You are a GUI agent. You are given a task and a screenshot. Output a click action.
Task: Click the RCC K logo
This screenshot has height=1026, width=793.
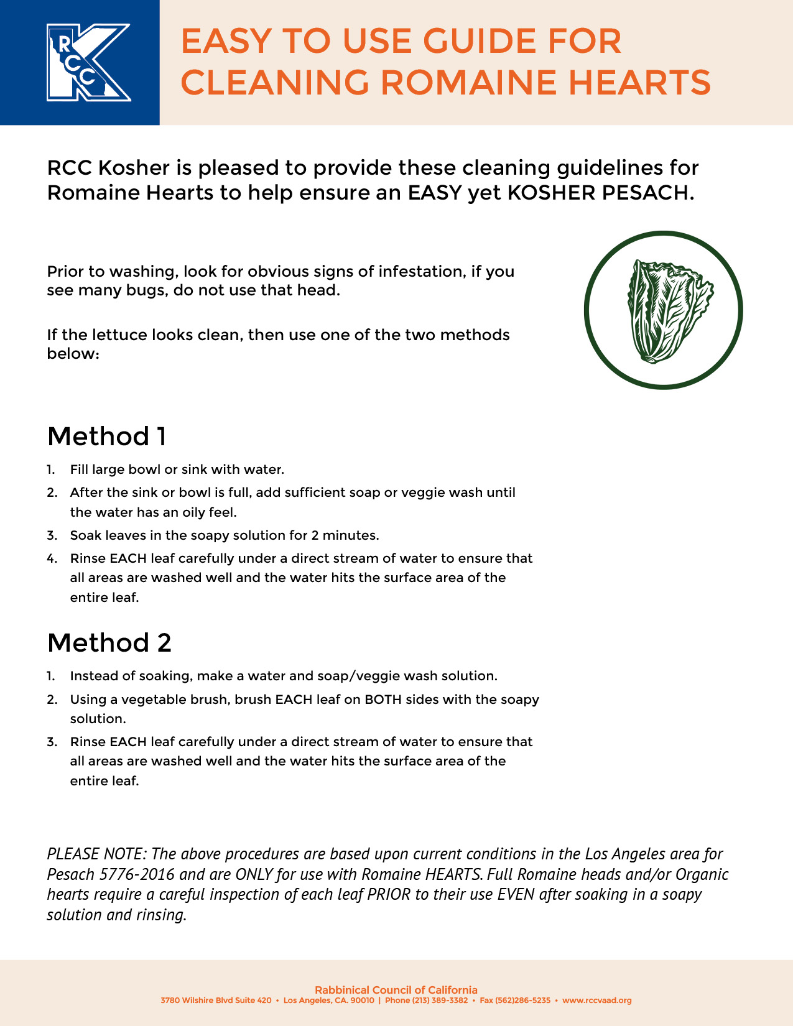88,62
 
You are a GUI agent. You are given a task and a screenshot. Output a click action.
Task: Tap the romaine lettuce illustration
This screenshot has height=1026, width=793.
664,311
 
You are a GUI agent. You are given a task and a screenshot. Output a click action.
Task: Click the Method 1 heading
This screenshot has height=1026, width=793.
106,437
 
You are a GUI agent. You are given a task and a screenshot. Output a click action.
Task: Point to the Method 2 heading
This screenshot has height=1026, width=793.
109,643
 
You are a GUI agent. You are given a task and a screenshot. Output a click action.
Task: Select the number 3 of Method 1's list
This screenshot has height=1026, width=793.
52,535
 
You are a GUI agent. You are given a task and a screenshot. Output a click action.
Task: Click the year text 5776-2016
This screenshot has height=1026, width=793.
136,874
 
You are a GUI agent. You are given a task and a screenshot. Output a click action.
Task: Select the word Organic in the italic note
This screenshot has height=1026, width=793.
702,874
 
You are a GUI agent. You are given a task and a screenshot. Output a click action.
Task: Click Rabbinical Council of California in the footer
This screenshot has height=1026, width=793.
396,990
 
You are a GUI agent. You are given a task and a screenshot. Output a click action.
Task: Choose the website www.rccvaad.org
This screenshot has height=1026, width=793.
596,1001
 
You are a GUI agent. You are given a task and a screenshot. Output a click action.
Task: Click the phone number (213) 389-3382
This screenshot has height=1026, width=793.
440,1001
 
